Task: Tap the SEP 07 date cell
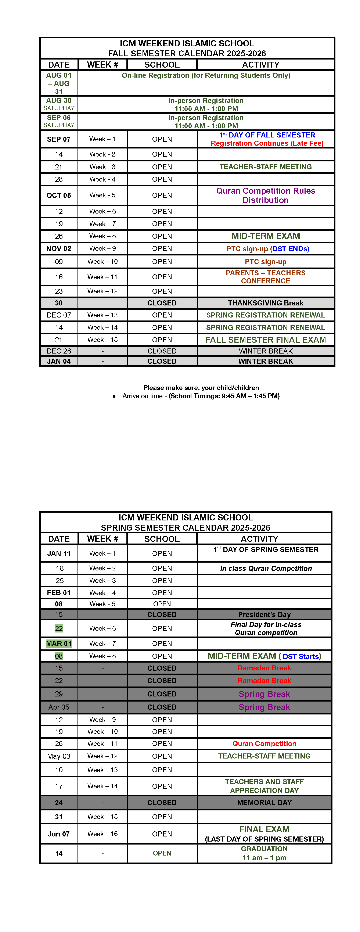59,139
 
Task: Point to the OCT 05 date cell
59,195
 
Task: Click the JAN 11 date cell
59,553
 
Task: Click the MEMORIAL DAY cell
264,803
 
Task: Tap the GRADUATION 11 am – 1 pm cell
264,853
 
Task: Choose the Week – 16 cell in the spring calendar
102,834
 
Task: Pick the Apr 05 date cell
59,707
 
